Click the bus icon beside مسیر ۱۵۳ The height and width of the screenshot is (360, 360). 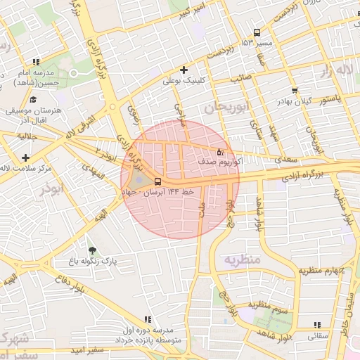pos(257,32)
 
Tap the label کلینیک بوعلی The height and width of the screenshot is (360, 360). pos(184,81)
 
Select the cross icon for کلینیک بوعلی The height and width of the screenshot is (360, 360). pos(184,70)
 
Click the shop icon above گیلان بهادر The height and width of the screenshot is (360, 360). pos(294,90)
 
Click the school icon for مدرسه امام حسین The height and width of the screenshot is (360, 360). pos(36,63)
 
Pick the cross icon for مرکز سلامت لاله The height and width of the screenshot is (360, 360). pos(26,157)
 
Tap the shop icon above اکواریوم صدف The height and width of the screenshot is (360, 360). pos(220,151)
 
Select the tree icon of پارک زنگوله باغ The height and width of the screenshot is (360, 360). pos(91,250)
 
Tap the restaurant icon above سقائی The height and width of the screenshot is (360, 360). pos(316,325)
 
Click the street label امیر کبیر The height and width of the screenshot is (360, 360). pos(193,12)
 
